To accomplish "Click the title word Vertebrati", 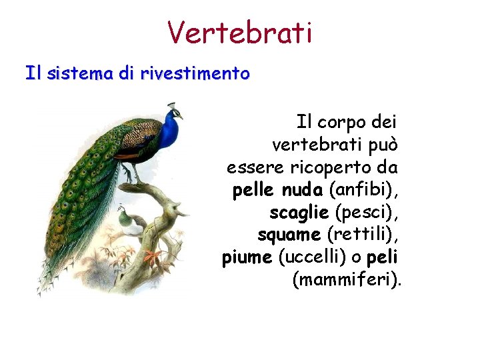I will pyautogui.click(x=239, y=31).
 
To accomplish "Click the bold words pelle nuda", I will pyautogui.click(x=277, y=191).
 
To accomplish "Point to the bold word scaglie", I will pyautogui.click(x=299, y=213).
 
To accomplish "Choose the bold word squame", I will pyautogui.click(x=289, y=235).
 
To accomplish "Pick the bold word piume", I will pyautogui.click(x=247, y=257).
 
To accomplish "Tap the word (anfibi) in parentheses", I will pyautogui.click(x=365, y=191).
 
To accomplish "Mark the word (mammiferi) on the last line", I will pyautogui.click(x=347, y=280).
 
